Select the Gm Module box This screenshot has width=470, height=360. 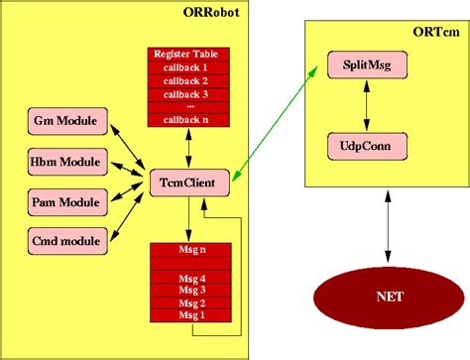point(64,122)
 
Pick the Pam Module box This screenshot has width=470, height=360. point(64,201)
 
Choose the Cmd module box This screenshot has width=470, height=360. point(64,239)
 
